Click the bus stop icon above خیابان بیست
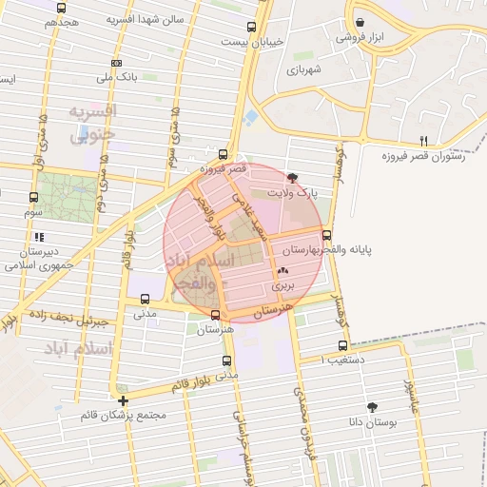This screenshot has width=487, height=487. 251,28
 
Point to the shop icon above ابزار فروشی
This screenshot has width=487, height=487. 360,23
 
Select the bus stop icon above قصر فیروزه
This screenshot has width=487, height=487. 224,153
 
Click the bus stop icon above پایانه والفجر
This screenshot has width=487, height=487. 327,234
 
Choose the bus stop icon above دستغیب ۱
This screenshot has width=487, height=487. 342,346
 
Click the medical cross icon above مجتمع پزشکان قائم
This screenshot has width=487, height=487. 124,400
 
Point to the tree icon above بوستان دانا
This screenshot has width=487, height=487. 372,407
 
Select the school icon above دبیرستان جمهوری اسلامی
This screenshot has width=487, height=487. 39,237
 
